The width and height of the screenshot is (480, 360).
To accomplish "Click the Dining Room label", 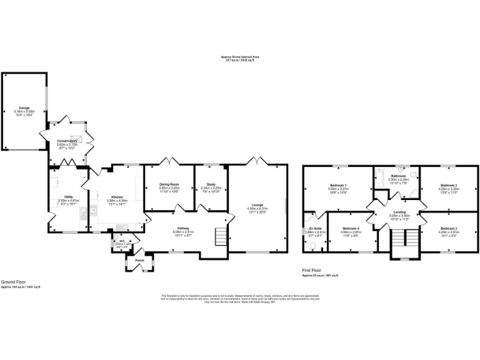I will point(169,184).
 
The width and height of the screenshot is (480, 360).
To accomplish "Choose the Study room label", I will point(211,184).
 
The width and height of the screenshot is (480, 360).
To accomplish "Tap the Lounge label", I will point(257,204).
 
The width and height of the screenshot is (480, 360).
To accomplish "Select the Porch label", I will point(139,260).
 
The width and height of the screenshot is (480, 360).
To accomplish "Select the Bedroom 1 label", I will point(338,185).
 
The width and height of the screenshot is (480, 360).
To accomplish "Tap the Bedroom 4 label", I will point(351,229).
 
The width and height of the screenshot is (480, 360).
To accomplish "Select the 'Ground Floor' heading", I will point(12,282).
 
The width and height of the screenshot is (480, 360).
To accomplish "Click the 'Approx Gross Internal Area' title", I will point(239,56).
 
